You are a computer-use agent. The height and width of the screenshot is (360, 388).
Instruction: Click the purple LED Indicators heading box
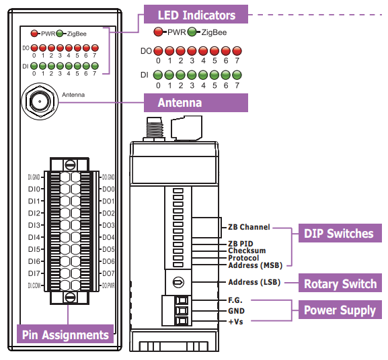196,14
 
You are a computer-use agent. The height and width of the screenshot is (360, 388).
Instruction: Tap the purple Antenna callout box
196,103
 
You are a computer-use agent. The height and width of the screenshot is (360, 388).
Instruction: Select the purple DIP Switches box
340,233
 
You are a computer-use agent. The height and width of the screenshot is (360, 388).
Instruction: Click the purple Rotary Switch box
340,283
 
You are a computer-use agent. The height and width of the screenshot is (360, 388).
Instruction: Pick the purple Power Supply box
340,310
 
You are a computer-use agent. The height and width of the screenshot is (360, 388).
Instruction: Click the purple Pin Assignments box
65,334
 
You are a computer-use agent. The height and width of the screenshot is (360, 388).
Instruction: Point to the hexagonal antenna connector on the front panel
40,101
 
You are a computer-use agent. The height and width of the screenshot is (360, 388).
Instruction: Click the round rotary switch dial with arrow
178,282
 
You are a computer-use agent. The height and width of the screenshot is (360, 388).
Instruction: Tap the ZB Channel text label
249,227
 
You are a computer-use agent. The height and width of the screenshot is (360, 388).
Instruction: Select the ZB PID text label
240,244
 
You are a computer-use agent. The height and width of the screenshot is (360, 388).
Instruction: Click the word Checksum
247,251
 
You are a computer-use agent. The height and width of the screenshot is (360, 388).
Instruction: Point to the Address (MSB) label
255,265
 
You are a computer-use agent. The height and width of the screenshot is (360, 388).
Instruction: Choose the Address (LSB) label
254,282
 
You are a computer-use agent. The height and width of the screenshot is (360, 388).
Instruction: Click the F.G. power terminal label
235,300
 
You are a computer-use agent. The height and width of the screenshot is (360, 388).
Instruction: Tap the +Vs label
235,322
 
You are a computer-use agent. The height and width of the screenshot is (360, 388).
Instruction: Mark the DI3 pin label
34,225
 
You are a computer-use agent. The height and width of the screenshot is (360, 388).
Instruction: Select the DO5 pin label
108,249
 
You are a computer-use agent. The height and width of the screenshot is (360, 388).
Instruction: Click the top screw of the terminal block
69,165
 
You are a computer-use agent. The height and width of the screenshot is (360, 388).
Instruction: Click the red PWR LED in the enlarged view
158,32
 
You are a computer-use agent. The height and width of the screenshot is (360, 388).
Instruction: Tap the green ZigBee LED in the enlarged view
192,32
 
